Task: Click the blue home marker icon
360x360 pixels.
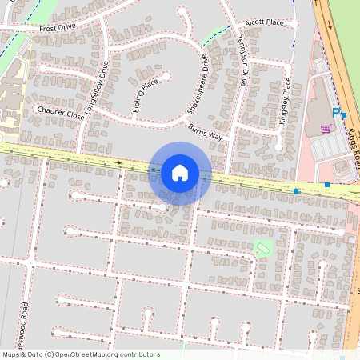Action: pos(180,172)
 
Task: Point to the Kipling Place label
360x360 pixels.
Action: pos(144,94)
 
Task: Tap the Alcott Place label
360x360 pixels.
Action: pos(265,23)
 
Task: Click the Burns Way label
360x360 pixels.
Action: pos(205,131)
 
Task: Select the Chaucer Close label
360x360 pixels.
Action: pos(60,115)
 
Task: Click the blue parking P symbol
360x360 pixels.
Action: pos(336,112)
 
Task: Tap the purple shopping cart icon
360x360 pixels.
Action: pos(326,128)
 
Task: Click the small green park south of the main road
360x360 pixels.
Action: pos(262,246)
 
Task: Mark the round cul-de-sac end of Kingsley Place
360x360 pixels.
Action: pos(278,146)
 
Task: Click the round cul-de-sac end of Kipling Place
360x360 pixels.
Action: pos(166,77)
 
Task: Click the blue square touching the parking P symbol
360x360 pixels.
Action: pos(344,116)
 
